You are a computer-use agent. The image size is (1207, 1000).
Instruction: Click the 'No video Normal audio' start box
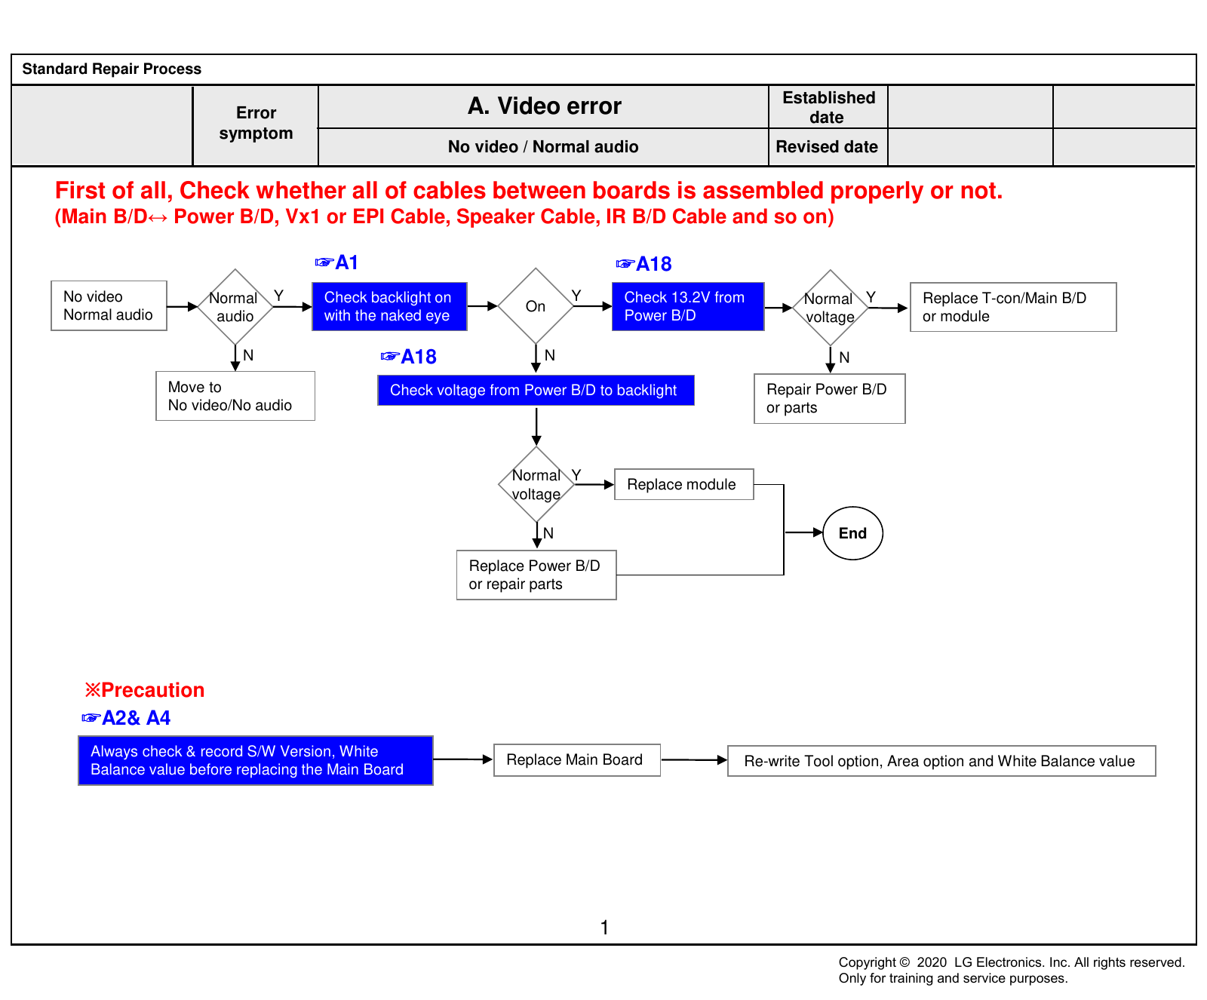(x=109, y=305)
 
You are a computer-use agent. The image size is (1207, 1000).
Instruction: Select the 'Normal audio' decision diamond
(x=235, y=306)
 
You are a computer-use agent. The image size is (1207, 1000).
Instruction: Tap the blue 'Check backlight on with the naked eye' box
(x=389, y=306)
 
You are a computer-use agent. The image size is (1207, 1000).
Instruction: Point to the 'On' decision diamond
(x=536, y=306)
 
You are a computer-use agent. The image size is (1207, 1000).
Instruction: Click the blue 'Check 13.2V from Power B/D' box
(x=688, y=306)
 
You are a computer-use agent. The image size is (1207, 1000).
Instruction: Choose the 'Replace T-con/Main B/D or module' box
(x=1013, y=307)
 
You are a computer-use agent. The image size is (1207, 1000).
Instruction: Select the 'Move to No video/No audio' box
(x=235, y=396)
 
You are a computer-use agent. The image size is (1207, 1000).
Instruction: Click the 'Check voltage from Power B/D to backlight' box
(x=536, y=390)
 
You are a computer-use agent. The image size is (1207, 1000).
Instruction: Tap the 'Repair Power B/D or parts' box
(x=830, y=398)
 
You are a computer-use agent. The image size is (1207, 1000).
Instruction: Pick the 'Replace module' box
(x=684, y=484)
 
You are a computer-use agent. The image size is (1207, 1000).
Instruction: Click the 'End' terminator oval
(x=852, y=533)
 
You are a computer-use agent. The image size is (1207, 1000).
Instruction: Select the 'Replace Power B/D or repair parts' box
(x=536, y=575)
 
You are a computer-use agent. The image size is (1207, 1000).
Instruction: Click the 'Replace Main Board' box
(x=577, y=759)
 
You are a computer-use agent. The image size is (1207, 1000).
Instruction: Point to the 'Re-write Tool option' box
(x=941, y=761)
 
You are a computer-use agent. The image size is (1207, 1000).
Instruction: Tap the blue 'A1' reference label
(x=336, y=262)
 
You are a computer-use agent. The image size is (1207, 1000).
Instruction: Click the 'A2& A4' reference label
(x=126, y=718)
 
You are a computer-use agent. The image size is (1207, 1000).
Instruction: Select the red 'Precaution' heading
(x=145, y=690)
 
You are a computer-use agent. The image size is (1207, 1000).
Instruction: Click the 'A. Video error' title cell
(x=544, y=106)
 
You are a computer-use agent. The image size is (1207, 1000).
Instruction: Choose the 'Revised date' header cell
(x=828, y=147)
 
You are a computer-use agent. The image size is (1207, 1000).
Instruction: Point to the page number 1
(x=604, y=928)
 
